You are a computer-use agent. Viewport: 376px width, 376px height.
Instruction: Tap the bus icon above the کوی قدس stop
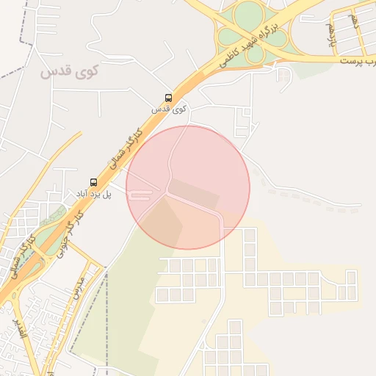[x=169, y=98]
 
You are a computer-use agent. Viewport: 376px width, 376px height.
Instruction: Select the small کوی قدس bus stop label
[x=169, y=109]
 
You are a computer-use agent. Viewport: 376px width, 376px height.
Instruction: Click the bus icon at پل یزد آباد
[x=93, y=181]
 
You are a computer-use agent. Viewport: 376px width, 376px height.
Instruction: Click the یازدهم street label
[x=331, y=34]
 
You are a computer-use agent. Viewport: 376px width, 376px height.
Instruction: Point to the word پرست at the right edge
[x=355, y=59]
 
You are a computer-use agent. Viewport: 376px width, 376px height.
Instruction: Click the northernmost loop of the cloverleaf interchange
[x=247, y=12]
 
